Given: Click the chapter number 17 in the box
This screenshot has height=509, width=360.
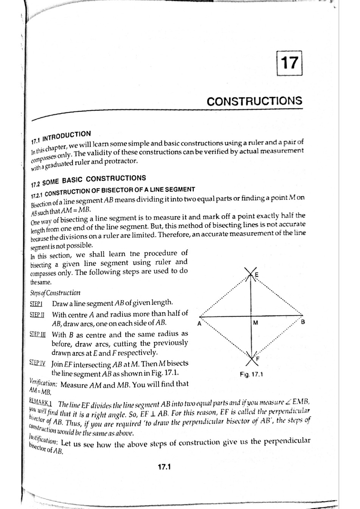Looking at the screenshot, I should point(290,63).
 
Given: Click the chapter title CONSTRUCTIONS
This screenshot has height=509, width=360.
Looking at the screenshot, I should point(254,101).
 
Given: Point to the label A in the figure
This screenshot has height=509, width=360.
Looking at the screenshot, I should point(199,323).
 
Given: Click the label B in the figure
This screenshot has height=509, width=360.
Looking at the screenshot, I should point(303,322).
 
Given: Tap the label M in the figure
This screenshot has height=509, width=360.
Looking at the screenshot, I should point(256,323).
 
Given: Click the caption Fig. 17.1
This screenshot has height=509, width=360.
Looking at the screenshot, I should point(251,374).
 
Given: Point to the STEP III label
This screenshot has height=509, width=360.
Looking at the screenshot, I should point(37,335).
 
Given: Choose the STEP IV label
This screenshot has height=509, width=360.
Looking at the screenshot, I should point(37,363).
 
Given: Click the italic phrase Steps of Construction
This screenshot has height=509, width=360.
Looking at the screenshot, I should point(55,293).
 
